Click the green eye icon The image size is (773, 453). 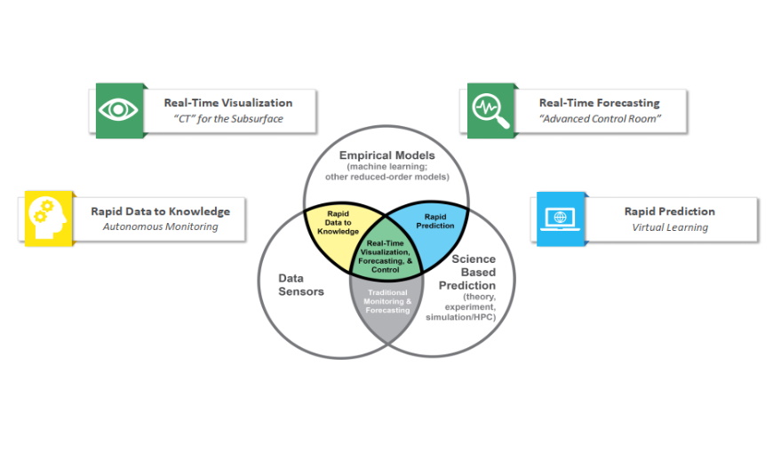(x=118, y=111)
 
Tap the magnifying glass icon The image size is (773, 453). (x=491, y=111)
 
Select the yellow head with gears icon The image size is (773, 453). (x=42, y=219)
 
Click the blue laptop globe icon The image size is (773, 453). (x=561, y=219)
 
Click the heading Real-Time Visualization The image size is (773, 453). (x=228, y=103)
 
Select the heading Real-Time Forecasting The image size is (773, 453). (x=600, y=103)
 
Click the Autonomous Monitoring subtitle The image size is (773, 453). (x=160, y=226)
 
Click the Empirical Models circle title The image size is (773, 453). (x=386, y=156)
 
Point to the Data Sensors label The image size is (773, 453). (x=303, y=284)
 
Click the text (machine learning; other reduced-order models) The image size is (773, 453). (x=386, y=171)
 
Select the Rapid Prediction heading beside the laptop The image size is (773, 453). (x=670, y=211)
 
